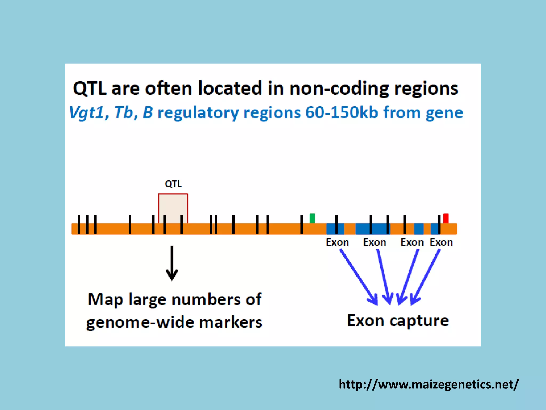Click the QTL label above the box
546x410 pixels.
[173, 184]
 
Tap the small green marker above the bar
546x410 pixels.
[312, 218]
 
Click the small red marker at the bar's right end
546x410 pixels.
[446, 218]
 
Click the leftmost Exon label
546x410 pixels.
[337, 242]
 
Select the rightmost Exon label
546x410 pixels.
[441, 242]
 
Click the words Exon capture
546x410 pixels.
[398, 321]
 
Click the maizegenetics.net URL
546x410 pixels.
[428, 384]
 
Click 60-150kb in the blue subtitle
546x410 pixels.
[342, 112]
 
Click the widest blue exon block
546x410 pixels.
[372, 229]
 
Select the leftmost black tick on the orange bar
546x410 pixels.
[79, 224]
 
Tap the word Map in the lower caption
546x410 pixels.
[105, 299]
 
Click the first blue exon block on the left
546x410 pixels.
[335, 229]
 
